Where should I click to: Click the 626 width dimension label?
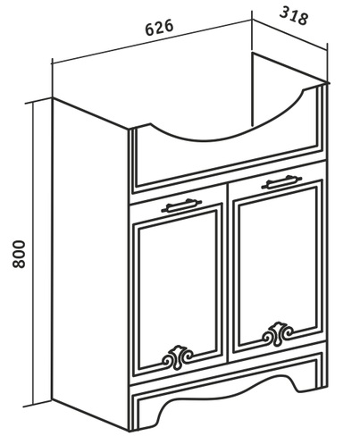click(159, 28)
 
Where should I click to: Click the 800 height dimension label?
click(20, 254)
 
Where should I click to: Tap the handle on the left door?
click(181, 205)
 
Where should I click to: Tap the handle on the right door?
click(281, 182)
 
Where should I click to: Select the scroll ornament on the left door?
click(178, 356)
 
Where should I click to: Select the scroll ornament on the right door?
click(278, 333)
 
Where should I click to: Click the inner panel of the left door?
click(178, 286)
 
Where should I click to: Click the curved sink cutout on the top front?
click(226, 125)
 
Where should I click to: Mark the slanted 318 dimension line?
click(290, 34)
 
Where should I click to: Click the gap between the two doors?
click(228, 280)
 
